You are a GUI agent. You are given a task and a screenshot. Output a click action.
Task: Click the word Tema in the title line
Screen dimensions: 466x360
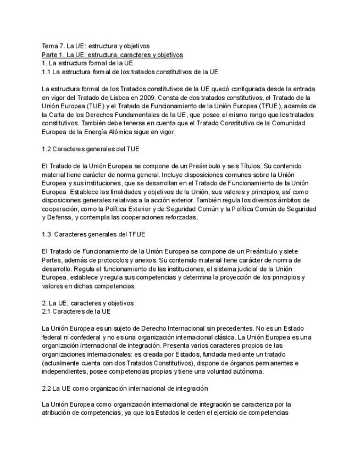click(x=49, y=46)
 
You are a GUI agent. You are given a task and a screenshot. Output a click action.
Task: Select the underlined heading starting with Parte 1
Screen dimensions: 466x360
click(x=113, y=54)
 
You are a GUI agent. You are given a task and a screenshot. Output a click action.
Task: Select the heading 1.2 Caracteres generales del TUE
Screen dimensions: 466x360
click(x=91, y=149)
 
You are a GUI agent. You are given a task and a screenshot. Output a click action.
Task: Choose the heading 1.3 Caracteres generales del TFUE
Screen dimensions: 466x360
click(x=94, y=234)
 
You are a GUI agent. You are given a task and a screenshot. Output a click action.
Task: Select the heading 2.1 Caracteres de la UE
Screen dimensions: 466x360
click(x=76, y=312)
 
